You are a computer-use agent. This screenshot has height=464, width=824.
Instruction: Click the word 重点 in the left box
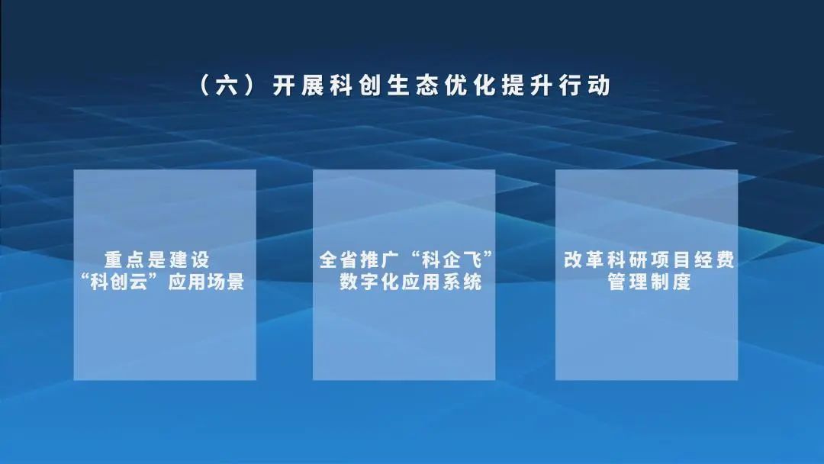pyautogui.click(x=124, y=260)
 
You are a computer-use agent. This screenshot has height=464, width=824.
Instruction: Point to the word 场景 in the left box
pyautogui.click(x=227, y=282)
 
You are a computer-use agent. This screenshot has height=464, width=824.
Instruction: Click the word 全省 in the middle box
pyautogui.click(x=337, y=260)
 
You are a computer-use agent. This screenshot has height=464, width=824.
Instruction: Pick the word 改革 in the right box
pyautogui.click(x=582, y=260)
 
